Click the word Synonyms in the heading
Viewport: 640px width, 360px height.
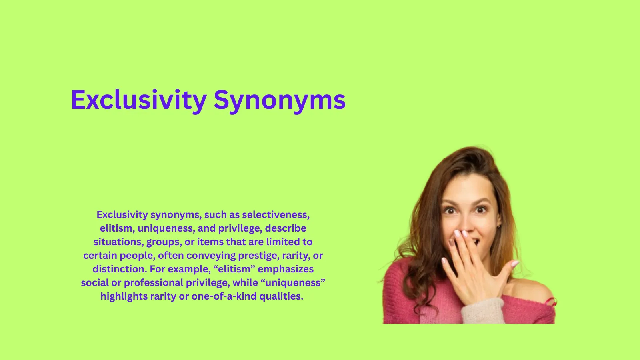(280, 100)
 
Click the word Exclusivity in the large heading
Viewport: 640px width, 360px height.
(138, 100)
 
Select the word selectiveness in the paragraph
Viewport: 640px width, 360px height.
(276, 215)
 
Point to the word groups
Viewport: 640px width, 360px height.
(164, 242)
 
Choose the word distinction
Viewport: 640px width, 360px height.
(119, 269)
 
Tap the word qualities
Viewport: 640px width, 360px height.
(281, 296)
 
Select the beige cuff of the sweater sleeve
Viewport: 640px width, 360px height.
(482, 312)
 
